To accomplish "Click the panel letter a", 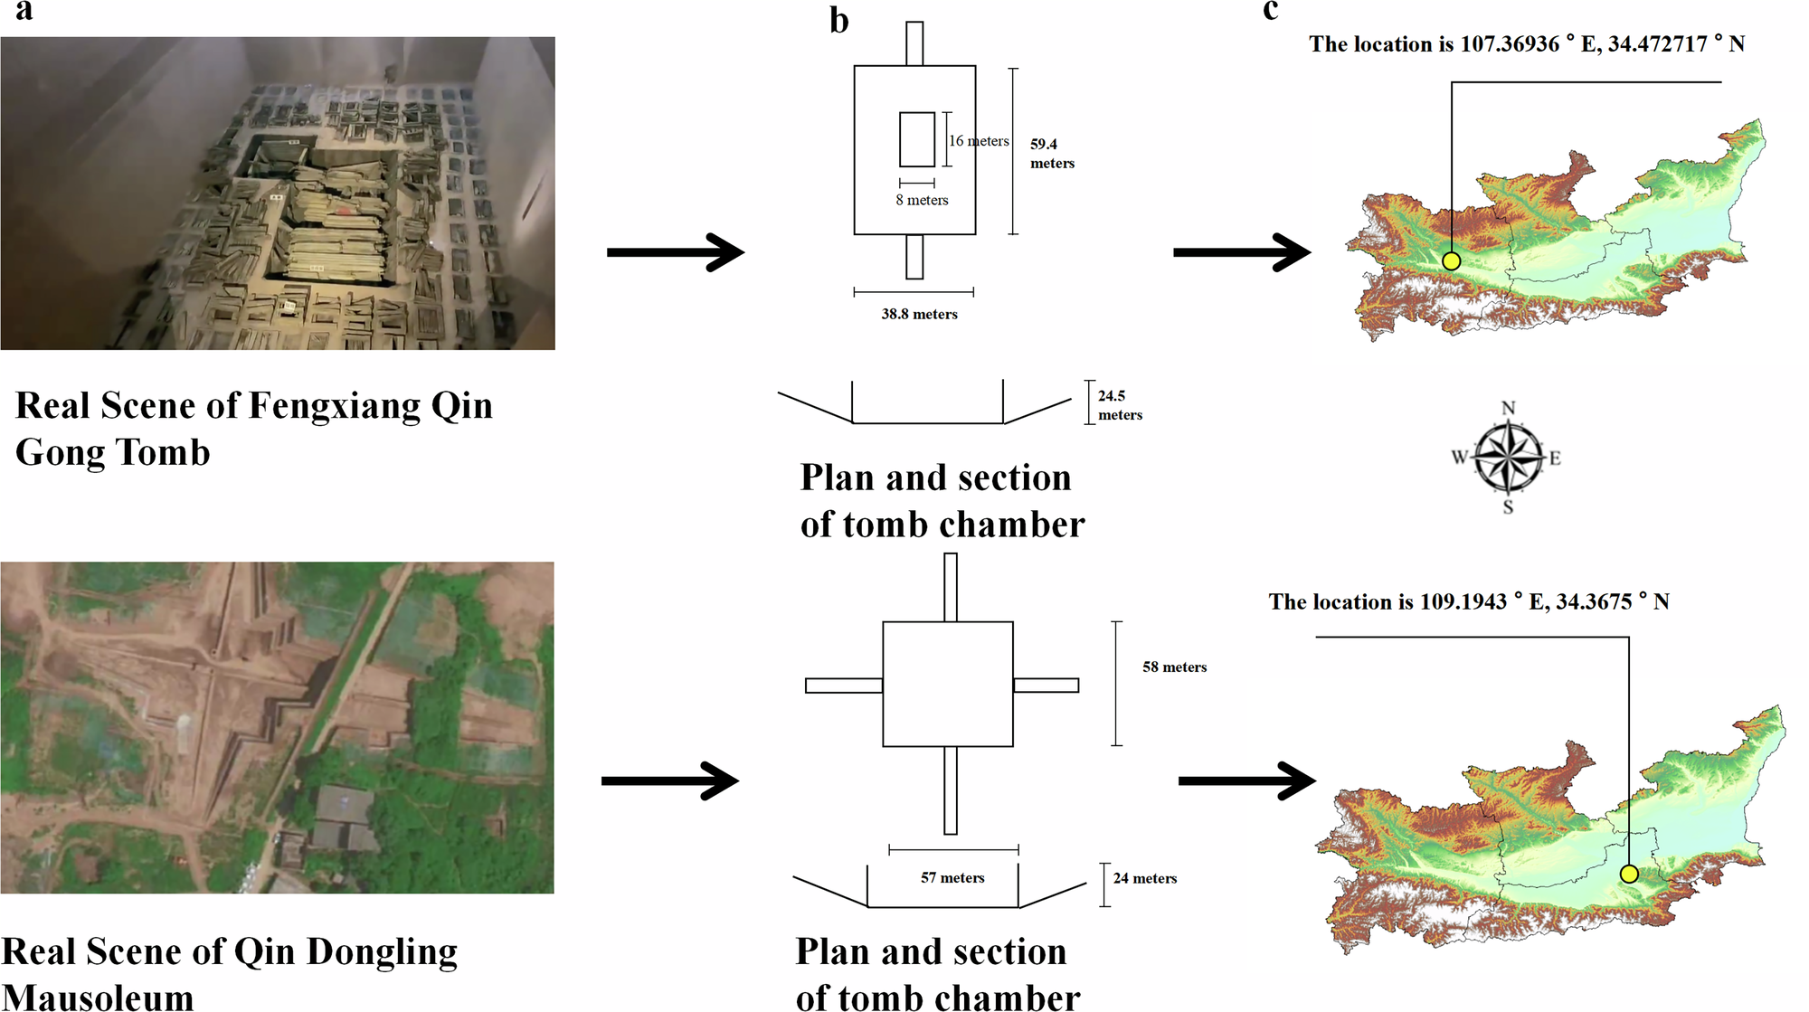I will click(24, 11).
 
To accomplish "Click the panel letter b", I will click(838, 20).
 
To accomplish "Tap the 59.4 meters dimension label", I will click(1051, 154).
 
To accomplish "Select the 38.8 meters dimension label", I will click(919, 314).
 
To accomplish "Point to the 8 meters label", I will click(922, 200).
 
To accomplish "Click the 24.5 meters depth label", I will click(1119, 405).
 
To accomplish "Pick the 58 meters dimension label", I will click(1174, 667).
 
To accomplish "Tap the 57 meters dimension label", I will click(952, 877).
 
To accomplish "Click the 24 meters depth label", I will click(1144, 878).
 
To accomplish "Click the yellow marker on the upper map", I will click(1451, 261).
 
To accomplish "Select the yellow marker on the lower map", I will click(1628, 874).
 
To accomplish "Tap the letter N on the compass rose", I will click(1508, 408).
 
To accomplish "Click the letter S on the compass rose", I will click(1508, 507).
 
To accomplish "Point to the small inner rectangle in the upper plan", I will click(916, 139).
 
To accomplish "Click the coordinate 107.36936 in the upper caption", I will click(1510, 44).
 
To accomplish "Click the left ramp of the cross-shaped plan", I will click(843, 686).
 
